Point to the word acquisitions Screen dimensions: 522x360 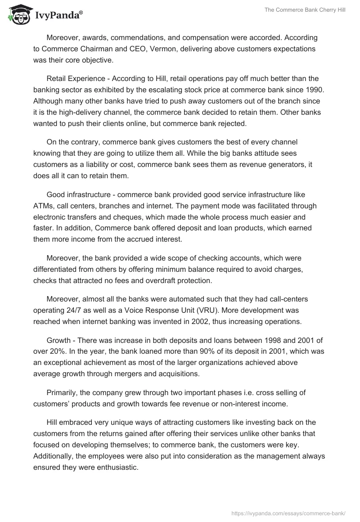pyautogui.click(x=190, y=373)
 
